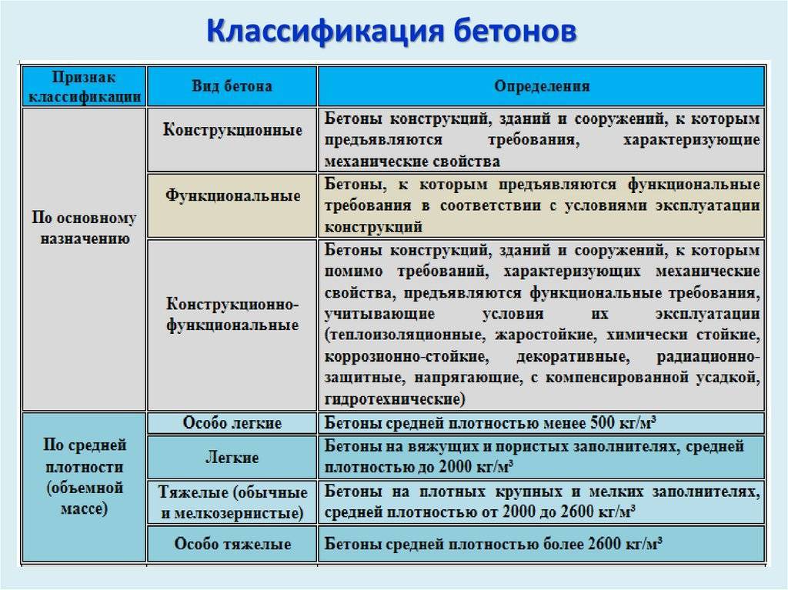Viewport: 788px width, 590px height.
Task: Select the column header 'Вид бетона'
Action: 232,86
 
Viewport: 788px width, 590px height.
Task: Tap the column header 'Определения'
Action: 542,86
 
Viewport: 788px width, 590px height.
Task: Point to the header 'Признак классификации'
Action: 85,86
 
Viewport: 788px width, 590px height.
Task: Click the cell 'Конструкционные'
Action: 232,130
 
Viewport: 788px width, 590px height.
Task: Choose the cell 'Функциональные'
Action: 232,195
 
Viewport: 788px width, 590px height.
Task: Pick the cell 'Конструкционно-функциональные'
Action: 232,315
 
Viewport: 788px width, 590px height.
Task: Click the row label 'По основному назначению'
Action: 84,228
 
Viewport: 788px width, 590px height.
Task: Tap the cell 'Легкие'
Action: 232,458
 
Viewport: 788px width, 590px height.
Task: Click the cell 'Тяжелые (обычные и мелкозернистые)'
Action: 232,502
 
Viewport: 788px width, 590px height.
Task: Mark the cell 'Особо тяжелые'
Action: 232,545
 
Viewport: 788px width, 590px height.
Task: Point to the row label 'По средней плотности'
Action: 84,477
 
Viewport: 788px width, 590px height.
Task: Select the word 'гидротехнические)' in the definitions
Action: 396,400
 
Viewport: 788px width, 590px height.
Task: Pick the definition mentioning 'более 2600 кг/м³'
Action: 492,545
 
